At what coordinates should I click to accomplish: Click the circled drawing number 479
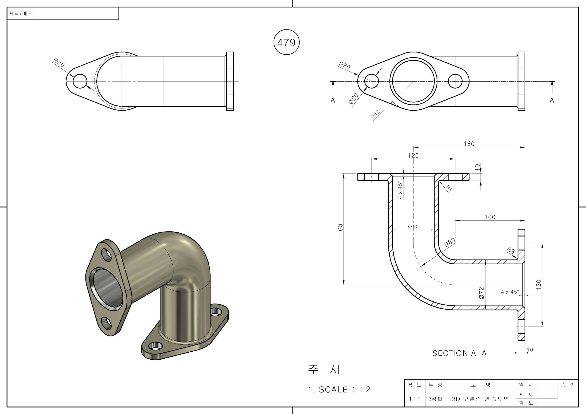click(x=286, y=42)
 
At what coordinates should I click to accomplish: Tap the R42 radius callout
click(x=375, y=115)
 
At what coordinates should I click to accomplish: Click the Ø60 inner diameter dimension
click(x=413, y=227)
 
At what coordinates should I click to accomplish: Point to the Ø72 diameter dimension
click(x=482, y=293)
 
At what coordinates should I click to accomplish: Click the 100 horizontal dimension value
click(x=490, y=217)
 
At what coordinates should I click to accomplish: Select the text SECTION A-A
click(x=459, y=353)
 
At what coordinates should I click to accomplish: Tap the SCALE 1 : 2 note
click(x=339, y=389)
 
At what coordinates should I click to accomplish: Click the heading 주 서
click(x=324, y=369)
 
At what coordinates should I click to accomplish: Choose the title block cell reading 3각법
click(x=435, y=399)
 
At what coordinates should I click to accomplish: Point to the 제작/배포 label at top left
click(x=21, y=14)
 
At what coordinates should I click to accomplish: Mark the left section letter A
click(x=333, y=100)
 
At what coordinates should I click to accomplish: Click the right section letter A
click(x=552, y=100)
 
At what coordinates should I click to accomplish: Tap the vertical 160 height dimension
click(x=340, y=229)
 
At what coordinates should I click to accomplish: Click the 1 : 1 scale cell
click(x=415, y=399)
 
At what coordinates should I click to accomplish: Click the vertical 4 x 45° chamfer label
click(x=400, y=190)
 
